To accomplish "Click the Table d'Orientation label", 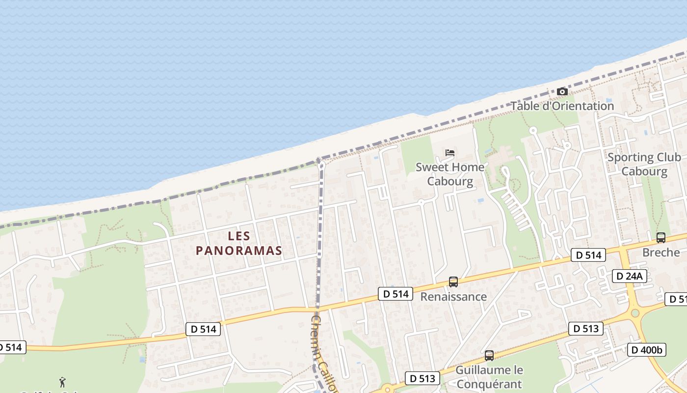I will (562, 106).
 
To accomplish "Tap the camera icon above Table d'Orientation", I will (562, 92).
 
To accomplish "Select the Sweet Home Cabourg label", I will (450, 174).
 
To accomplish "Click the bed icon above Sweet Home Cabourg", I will (450, 153).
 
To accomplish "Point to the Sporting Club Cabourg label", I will (644, 164).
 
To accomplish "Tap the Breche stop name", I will (661, 253).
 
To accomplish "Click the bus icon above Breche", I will (661, 238).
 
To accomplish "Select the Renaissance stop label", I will (453, 297).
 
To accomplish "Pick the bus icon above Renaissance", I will (453, 282).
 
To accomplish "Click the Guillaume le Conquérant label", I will (489, 376).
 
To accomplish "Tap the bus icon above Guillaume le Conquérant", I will (489, 356).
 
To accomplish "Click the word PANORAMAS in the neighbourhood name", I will (239, 251).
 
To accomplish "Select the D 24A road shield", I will (629, 276).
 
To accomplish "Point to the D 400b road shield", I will (647, 350).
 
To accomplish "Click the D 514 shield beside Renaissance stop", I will (396, 294).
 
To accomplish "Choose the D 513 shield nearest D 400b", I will (585, 329).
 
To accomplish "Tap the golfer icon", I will (62, 382).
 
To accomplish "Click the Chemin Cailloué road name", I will (324, 354).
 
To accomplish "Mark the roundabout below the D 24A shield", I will (635, 313).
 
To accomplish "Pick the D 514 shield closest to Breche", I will (588, 255).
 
